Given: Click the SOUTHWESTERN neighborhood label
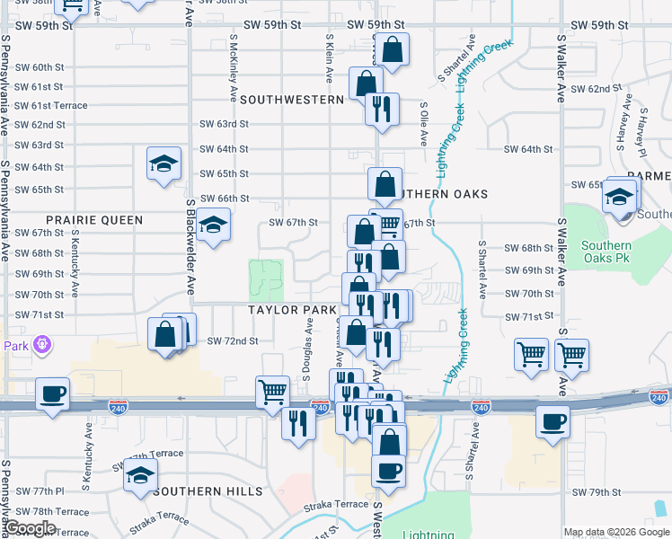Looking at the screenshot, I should tap(292, 100).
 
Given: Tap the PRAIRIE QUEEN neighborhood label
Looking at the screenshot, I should tap(94, 219).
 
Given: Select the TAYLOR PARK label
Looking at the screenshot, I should tap(293, 310).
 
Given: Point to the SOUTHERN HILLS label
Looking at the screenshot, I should tap(208, 491).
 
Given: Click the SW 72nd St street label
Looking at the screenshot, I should tap(233, 341).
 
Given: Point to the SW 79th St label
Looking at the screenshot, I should tap(597, 492).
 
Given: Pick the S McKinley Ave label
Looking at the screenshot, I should tap(233, 67).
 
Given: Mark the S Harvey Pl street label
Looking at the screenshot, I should tap(642, 126).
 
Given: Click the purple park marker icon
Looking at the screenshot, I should tap(40, 343).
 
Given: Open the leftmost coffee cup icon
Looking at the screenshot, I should tap(53, 393).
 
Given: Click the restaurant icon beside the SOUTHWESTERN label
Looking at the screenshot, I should tap(382, 108).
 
